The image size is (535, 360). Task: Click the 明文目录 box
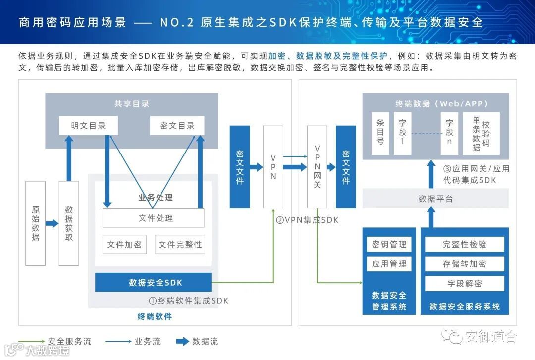click(88, 126)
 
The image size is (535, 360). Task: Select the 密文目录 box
click(177, 126)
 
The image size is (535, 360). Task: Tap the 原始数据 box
click(35, 223)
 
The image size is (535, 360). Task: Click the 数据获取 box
click(69, 223)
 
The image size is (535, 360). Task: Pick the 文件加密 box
click(124, 244)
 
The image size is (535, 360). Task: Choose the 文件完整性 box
click(180, 244)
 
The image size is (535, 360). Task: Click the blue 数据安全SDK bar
click(153, 282)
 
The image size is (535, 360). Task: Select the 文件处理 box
click(153, 218)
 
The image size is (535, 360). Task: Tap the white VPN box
click(273, 167)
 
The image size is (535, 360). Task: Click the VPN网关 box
click(317, 167)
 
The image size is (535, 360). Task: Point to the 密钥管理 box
click(389, 244)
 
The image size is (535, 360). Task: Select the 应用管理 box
click(389, 264)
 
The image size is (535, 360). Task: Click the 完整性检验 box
click(464, 244)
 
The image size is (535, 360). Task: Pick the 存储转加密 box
click(464, 264)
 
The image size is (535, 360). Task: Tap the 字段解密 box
click(464, 284)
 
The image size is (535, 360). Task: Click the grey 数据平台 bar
click(435, 199)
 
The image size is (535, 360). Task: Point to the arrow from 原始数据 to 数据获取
click(52, 223)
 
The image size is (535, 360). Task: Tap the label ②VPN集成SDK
click(307, 220)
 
